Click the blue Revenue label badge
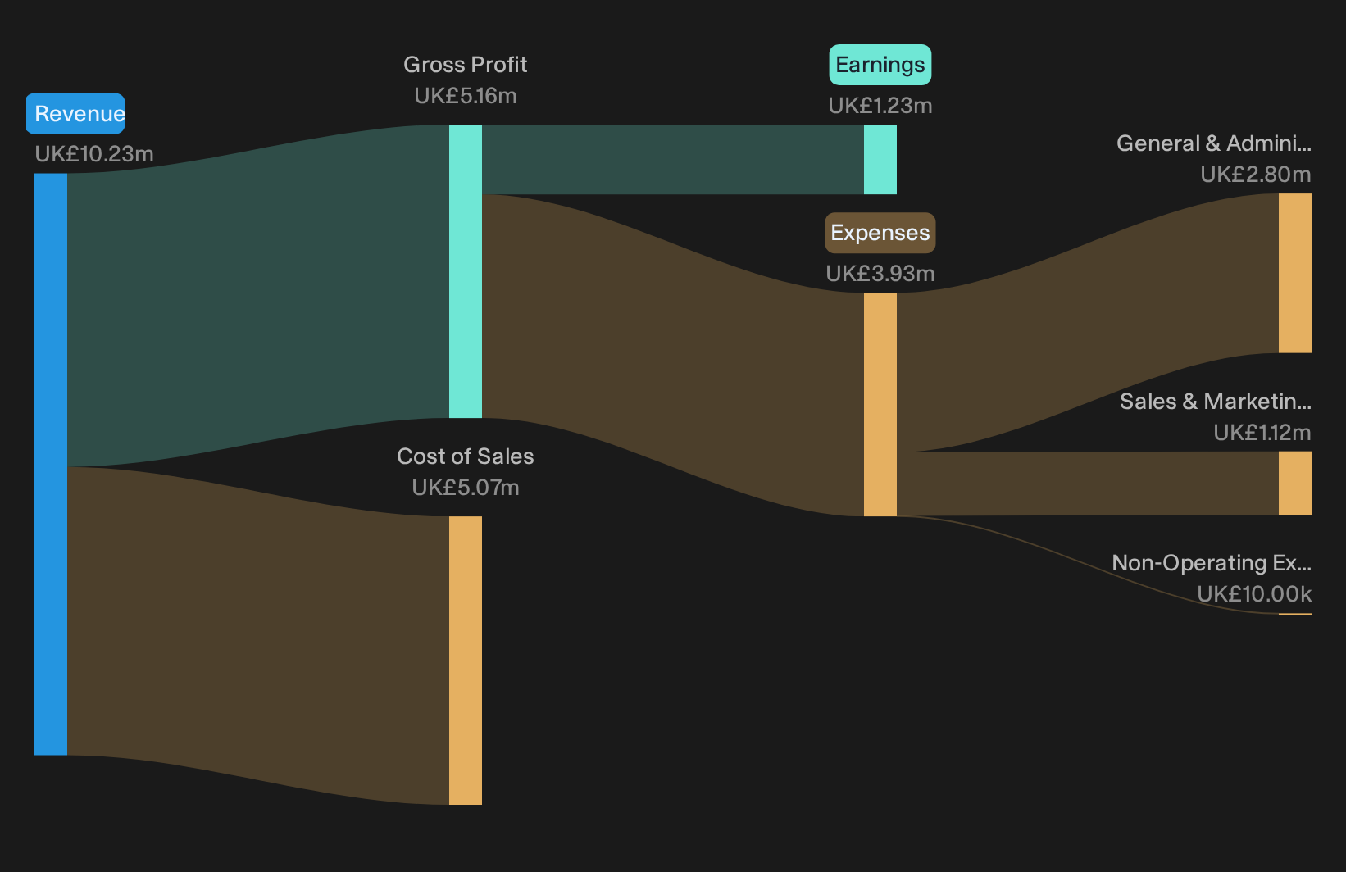click(x=75, y=113)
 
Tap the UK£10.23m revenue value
click(x=94, y=154)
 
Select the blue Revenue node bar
click(x=51, y=464)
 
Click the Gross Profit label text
click(x=465, y=65)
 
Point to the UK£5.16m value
click(x=465, y=96)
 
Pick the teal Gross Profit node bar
click(x=465, y=271)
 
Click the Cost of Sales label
click(x=465, y=456)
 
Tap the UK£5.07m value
click(x=465, y=488)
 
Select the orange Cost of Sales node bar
click(x=465, y=660)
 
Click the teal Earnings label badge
click(x=880, y=64)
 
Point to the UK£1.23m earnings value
click(x=880, y=105)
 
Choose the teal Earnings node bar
click(x=880, y=159)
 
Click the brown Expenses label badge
click(x=880, y=233)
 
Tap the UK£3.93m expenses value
click(x=880, y=274)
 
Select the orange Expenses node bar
click(x=880, y=405)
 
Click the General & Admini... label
click(x=1214, y=143)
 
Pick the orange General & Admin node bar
click(x=1295, y=273)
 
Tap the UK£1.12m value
click(x=1262, y=432)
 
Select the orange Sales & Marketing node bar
click(x=1295, y=484)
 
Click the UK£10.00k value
click(x=1254, y=593)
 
